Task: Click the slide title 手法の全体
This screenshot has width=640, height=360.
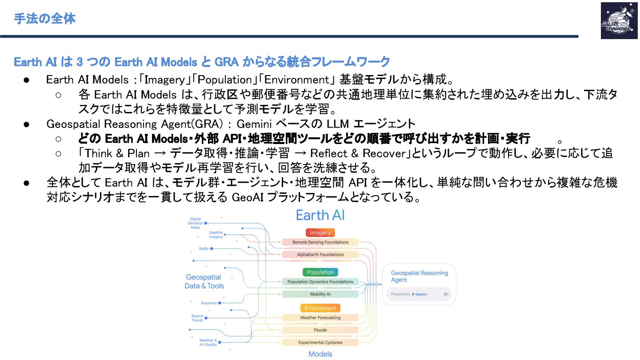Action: click(44, 19)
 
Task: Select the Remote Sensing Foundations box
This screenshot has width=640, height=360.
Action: click(320, 242)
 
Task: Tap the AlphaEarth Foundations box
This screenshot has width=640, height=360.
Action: click(320, 255)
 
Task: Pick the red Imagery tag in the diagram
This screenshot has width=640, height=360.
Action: click(320, 232)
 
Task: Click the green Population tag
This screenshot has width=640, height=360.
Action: click(320, 272)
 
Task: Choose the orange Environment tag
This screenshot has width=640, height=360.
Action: click(320, 308)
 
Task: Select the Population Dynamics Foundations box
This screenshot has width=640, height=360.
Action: click(320, 281)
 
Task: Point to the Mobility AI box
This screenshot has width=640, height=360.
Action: click(320, 294)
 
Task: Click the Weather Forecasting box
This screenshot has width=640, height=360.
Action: click(320, 318)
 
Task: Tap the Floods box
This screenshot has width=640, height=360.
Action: click(320, 330)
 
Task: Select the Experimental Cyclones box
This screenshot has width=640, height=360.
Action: click(320, 342)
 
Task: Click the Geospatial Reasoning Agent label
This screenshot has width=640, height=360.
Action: click(419, 276)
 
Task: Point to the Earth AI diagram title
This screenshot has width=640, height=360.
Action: click(320, 216)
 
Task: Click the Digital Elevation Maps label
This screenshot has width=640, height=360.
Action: click(196, 223)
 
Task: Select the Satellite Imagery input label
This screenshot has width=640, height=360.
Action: click(216, 235)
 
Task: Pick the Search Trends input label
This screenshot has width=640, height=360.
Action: click(197, 318)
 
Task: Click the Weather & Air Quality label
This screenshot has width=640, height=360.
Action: click(208, 342)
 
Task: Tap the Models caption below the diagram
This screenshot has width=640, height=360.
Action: click(320, 354)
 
